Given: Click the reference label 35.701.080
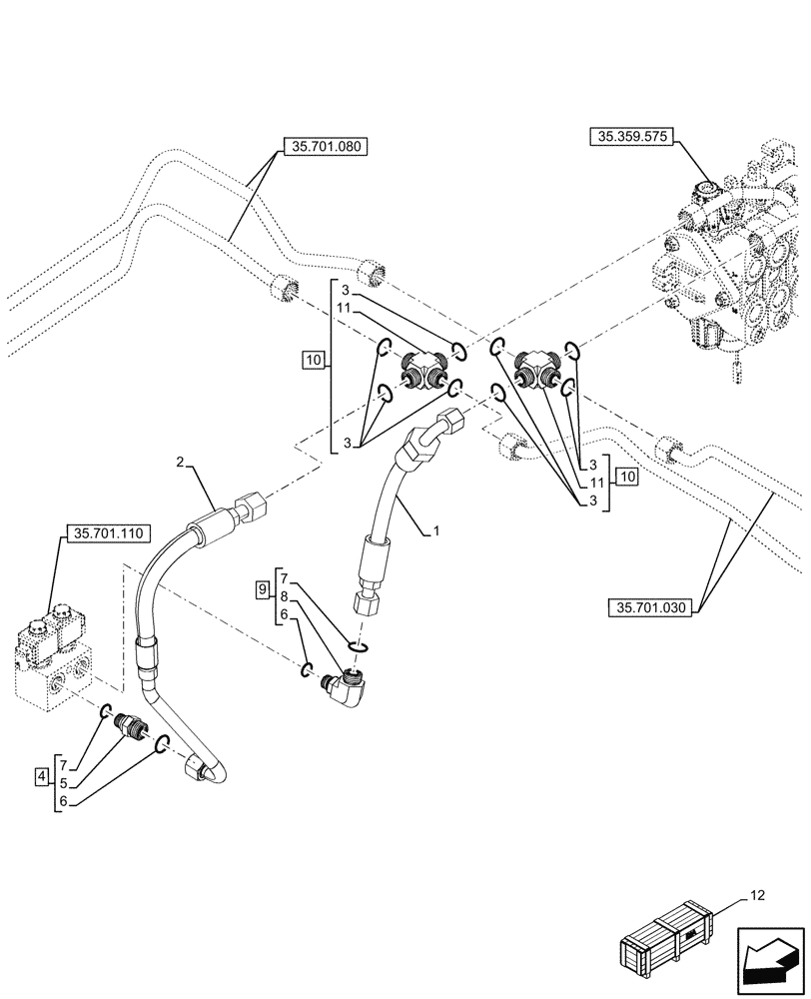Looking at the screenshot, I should [326, 146].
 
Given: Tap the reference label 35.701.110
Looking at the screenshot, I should [105, 534].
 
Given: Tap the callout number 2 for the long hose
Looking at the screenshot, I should [181, 461].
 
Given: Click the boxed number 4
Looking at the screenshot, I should [41, 776].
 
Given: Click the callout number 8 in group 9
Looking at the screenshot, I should [285, 595].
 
